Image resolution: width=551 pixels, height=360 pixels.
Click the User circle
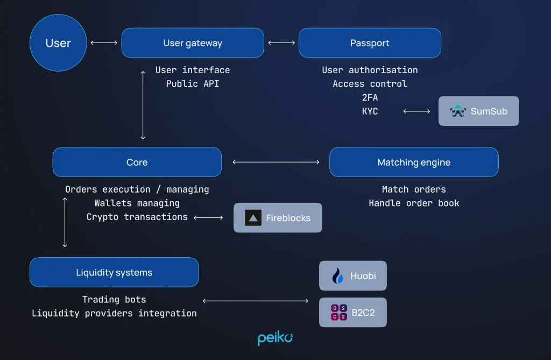58,43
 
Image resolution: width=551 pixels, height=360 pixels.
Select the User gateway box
193,43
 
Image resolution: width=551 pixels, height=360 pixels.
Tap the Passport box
370,43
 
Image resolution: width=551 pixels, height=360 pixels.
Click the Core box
137,162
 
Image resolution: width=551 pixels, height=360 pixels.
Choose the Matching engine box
414,162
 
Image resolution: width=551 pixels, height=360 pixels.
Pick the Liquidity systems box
114,272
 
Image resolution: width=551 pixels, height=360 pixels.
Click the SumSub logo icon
458,111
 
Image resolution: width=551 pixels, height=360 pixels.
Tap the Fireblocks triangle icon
253,218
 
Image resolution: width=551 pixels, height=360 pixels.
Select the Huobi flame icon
338,276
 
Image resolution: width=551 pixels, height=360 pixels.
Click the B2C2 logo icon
338,313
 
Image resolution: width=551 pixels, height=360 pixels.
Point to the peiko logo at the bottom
275,338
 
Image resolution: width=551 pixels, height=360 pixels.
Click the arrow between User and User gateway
104,43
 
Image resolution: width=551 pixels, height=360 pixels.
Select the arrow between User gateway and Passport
281,43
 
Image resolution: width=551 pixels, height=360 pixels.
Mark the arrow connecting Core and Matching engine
275,161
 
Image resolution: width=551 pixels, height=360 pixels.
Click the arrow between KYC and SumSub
416,111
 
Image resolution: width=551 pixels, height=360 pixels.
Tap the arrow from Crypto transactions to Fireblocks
208,217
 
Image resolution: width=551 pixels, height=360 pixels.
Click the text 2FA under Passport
370,97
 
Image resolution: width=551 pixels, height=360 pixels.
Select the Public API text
193,83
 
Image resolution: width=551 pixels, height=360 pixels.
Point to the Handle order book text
414,203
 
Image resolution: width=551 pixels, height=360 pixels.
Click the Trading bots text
114,299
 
